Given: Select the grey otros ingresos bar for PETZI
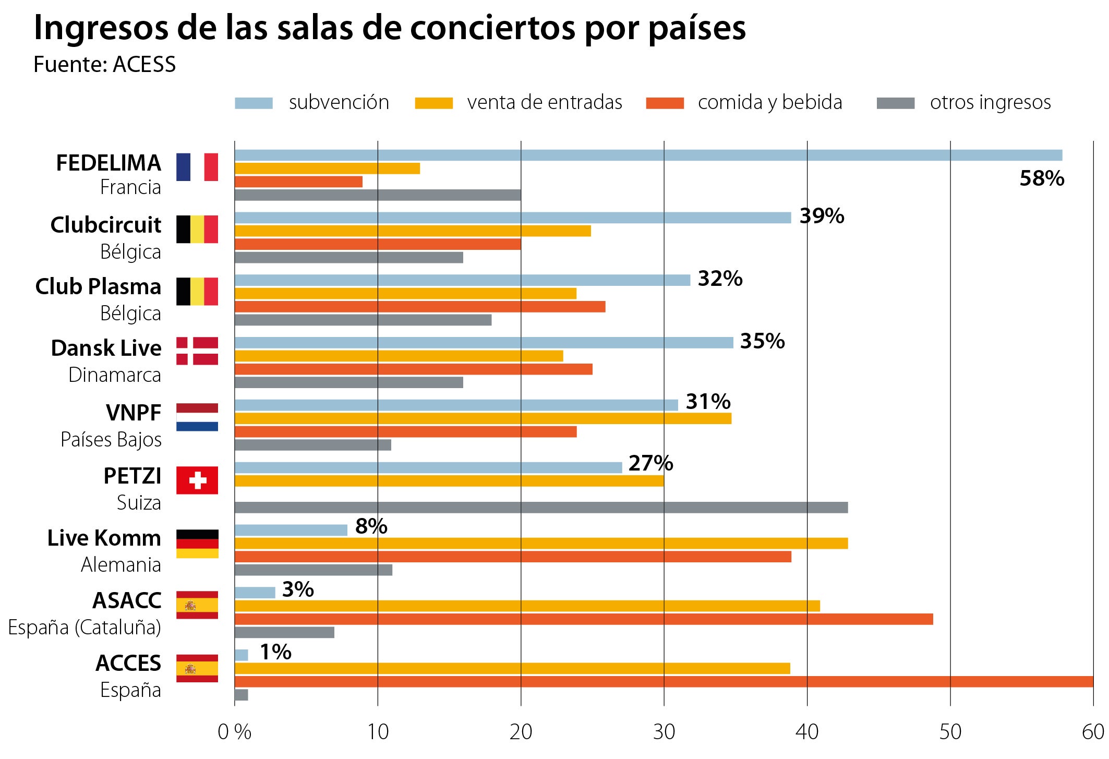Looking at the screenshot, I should pos(541,508).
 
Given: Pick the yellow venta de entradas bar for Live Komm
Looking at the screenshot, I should pos(541,544).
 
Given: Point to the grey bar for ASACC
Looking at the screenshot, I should pos(284,632).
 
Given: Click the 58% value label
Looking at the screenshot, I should pos(1041,179).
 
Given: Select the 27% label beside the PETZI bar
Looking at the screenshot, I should pos(650,463).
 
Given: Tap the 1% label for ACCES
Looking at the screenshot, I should pos(275,652).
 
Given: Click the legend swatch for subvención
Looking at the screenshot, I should pos(254,103).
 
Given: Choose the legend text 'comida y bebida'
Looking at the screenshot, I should pos(769,103).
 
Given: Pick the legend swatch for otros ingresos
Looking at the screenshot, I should pos(895,103).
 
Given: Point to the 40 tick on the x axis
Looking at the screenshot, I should pos(806,732).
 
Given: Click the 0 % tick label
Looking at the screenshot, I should pos(234,732).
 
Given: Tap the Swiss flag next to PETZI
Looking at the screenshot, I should pos(197,480).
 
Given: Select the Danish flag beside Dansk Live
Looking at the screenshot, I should pos(197,351).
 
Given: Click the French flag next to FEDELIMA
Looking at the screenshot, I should pos(197,167).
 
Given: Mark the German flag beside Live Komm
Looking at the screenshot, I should pos(197,544).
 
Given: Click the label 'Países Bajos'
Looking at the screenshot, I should pos(111,440).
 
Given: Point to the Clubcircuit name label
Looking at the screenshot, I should pos(106,225).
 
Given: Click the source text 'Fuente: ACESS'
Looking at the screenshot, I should pos(105,65).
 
